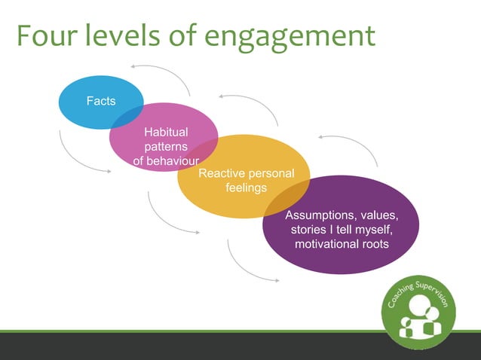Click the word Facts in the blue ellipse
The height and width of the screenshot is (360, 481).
[100, 100]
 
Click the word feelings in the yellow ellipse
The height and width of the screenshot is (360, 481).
[246, 188]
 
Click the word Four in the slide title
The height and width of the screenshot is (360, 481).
[46, 35]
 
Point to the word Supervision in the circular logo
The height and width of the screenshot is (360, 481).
[438, 290]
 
